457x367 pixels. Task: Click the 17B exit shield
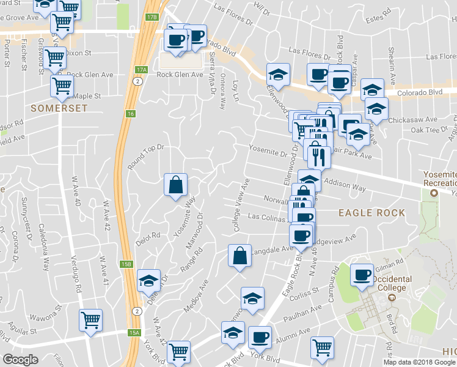[x=152, y=17]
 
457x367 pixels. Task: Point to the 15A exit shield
[x=134, y=332]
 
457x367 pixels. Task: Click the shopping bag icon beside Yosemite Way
[x=175, y=185]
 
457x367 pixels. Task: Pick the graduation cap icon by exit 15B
[x=148, y=281]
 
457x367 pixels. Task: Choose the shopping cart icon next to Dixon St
[x=54, y=59]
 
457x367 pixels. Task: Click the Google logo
[x=21, y=360]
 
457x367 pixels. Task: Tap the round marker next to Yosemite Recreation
[x=434, y=194]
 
